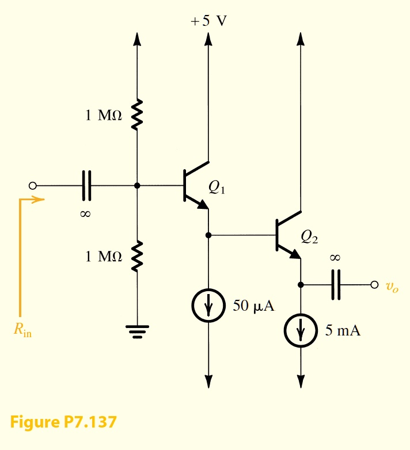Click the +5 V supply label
(x=209, y=21)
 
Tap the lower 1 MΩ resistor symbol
(x=137, y=256)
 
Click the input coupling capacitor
(x=86, y=186)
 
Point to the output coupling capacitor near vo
(x=335, y=284)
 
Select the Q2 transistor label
(x=309, y=236)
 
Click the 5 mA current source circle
(x=300, y=331)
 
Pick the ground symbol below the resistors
(x=137, y=332)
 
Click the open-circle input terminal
(x=33, y=186)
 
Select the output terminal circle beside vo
(x=374, y=284)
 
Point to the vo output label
(x=392, y=286)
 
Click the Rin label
(x=22, y=331)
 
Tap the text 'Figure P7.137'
(x=63, y=422)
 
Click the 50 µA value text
(x=253, y=306)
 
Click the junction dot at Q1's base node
(x=137, y=186)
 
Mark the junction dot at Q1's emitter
(x=208, y=235)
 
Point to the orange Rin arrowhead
(x=39, y=200)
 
